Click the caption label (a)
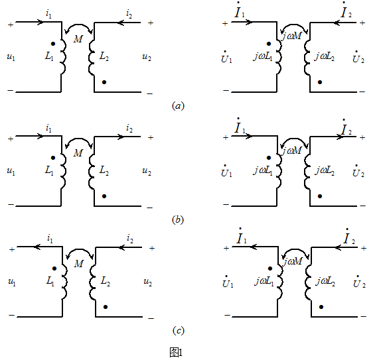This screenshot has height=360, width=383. [178, 106]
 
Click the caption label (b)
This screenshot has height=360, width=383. [178, 220]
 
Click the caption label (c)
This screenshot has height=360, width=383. [178, 331]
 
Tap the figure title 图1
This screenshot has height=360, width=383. [176, 352]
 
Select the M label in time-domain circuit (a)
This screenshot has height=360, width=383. [78, 39]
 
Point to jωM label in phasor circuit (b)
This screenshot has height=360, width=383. [291, 150]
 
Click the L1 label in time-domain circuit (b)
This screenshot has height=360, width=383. [49, 170]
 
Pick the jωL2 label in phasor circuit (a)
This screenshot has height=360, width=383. [325, 57]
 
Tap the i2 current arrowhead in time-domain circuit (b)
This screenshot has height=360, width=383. [120, 137]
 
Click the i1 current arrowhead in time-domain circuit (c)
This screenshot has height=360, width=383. [37, 247]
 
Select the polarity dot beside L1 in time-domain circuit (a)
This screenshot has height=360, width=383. [53, 44]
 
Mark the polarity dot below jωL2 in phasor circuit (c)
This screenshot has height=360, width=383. [321, 307]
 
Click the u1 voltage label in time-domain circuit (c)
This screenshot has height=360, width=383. [12, 282]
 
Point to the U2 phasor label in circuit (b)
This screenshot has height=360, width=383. [358, 171]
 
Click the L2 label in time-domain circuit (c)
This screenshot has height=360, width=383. [106, 281]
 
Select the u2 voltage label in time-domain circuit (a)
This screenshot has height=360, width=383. [147, 57]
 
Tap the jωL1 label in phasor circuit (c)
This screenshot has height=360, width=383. [264, 282]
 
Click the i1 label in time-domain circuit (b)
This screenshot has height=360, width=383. [49, 128]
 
